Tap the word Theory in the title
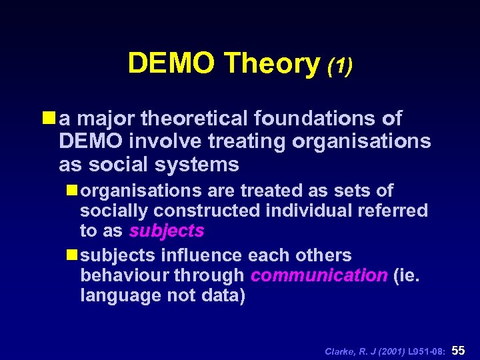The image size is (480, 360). coord(273,63)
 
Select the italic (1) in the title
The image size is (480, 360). coord(340,65)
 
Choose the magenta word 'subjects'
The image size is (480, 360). coord(167,231)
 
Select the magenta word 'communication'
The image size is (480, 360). coord(319,275)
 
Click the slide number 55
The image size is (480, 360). coord(459,349)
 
